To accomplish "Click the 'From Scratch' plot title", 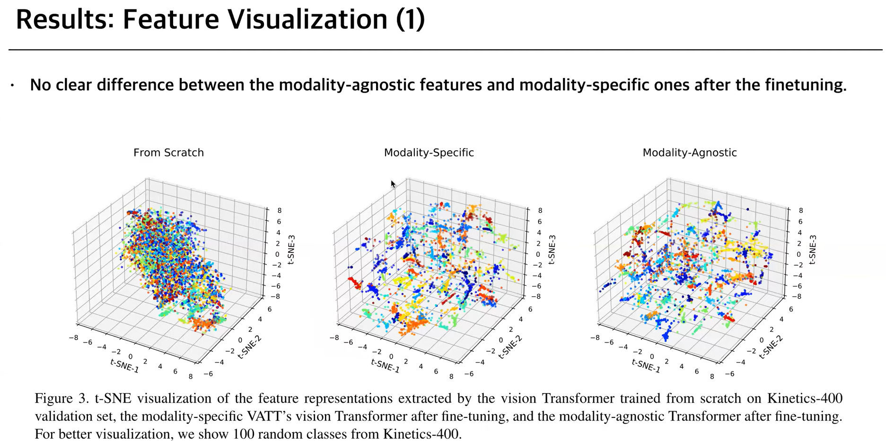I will click(168, 153).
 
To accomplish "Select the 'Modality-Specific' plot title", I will click(429, 153).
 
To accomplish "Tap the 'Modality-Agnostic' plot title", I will click(689, 153).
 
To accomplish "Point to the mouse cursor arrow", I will click(393, 184).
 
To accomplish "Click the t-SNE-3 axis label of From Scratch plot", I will click(291, 250).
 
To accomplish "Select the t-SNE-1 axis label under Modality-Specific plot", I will click(385, 365).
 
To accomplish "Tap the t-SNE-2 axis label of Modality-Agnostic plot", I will click(771, 347).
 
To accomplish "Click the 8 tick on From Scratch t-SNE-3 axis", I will click(280, 211).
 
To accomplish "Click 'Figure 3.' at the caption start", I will click(61, 398).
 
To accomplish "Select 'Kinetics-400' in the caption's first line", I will click(804, 398).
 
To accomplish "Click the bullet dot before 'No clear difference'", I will click(13, 86).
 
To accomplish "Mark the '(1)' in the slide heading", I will click(410, 20).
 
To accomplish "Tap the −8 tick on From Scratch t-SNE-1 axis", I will click(73, 337).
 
